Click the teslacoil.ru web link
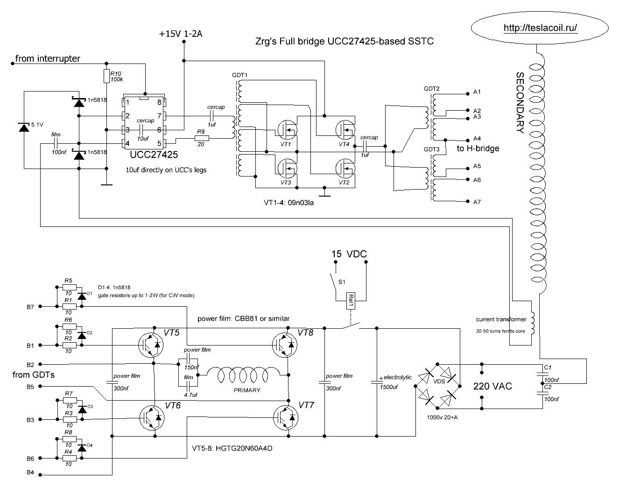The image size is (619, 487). coord(540,28)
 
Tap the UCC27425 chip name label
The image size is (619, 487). coord(154,155)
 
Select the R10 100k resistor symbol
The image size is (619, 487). coord(106,76)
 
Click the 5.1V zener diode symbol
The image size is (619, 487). coord(24,127)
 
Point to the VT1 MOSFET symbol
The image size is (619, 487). coord(288,129)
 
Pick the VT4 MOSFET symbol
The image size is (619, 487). coord(345,129)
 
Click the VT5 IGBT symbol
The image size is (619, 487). coord(151,345)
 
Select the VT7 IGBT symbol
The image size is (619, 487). coord(286,418)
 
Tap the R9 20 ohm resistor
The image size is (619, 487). coord(202,138)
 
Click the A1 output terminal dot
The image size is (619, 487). coord(468,94)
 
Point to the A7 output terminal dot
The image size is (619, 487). coord(468,201)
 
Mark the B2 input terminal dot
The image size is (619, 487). coord(40,364)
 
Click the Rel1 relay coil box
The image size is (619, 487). coord(351,301)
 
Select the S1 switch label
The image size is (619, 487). coord(342,282)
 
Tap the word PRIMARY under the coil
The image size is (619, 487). coord(247,390)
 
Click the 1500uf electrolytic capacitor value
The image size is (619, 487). coord(388,387)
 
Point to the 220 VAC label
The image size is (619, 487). coord(492,386)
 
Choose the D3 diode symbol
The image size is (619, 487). coord(82,409)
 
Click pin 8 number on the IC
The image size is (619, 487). coord(159,102)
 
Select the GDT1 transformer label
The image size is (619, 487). coord(239,75)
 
